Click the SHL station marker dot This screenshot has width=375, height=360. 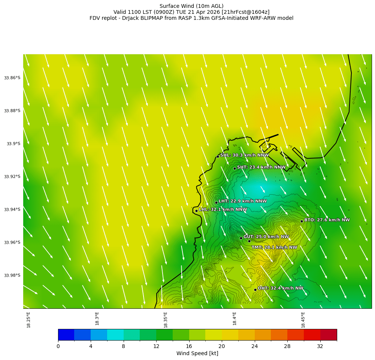coord(218,156)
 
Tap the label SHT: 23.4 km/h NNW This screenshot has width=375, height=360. coord(261,167)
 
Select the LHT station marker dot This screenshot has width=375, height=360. coord(216,202)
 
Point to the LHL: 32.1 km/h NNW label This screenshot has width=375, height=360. coord(223,210)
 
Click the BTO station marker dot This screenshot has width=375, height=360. coord(302,221)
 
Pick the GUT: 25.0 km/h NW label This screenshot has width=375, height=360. coord(266,237)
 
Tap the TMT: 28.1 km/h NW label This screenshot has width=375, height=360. coord(274,247)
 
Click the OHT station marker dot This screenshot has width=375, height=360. coord(255,290)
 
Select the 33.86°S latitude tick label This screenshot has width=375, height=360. coord(12,78)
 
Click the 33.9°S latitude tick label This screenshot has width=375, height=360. coord(13,144)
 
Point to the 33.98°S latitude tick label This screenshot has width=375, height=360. coord(12,275)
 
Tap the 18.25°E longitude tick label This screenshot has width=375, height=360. coord(29,320)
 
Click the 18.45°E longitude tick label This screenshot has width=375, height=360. coord(303,320)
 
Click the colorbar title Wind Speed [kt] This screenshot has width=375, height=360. coord(197,353)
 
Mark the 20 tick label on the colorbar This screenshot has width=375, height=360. coord(222,346)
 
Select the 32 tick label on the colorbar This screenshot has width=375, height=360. coord(320,346)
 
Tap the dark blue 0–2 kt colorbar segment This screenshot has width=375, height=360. coord(66,335)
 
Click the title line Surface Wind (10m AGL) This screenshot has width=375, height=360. coord(191,6)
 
